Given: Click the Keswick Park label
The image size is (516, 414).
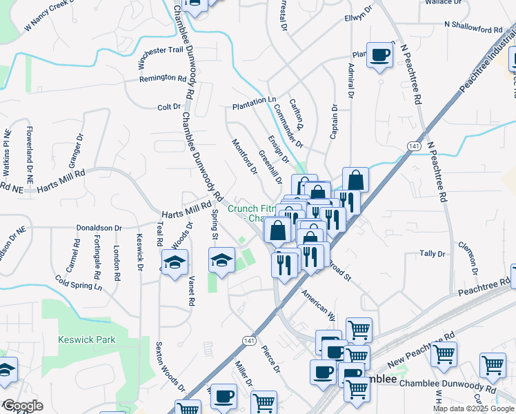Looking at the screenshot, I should coord(87,339).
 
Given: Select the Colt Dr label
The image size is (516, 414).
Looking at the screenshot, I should coord(168,107).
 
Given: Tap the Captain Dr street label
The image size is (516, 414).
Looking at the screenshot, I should coord(334,121).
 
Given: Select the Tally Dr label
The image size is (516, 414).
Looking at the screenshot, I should coord(433,254).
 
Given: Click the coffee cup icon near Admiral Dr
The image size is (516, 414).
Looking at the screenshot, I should coord(379,55).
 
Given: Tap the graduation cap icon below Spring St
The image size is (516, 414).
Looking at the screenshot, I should coord(221,261).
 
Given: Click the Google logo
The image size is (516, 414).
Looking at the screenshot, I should coord(22,406).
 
